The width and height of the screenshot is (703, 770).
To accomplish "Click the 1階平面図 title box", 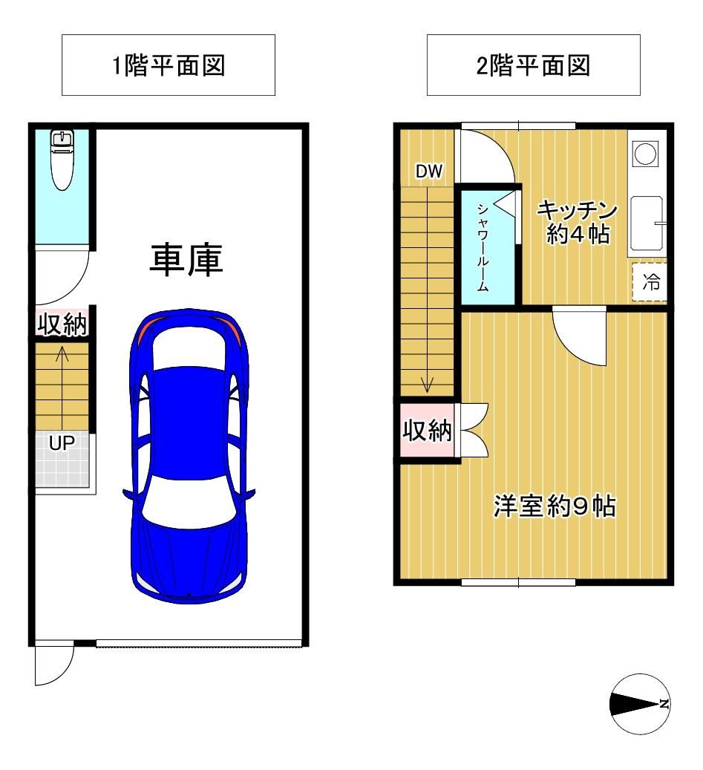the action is [x=169, y=65].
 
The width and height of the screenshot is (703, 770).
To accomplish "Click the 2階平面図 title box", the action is [x=533, y=65].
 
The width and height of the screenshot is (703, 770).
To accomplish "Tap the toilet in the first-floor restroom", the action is [x=62, y=160].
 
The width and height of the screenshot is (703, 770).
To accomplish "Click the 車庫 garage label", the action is [x=186, y=259].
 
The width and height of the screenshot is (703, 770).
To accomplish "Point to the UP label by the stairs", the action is [x=62, y=443].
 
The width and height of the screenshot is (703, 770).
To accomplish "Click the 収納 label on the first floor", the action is [x=62, y=324].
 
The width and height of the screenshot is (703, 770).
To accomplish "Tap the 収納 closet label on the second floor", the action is [x=427, y=431].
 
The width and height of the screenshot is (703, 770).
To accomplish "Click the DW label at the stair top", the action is [x=429, y=172].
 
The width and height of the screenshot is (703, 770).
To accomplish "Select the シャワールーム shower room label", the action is [x=483, y=248].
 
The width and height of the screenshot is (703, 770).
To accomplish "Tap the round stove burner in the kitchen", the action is [x=645, y=154].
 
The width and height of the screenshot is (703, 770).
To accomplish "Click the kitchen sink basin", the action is [x=647, y=224].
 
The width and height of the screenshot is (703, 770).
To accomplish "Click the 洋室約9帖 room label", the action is [x=555, y=506].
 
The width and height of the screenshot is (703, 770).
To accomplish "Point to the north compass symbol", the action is [x=640, y=704].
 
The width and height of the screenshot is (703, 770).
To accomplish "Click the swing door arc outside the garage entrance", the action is [x=63, y=673].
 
